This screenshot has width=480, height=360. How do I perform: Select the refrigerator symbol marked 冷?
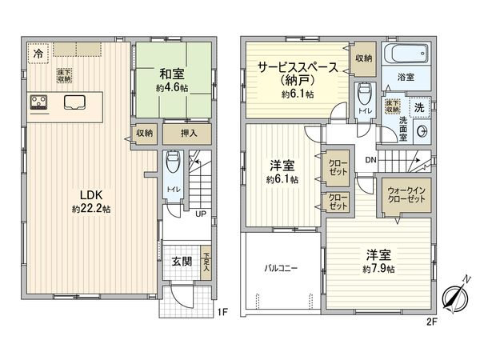[x=38, y=54]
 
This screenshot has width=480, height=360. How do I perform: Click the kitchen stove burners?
[x=39, y=102]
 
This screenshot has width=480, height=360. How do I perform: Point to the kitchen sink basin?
[x=74, y=102]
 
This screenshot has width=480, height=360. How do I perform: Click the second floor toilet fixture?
[x=364, y=95]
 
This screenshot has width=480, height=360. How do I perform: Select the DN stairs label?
[x=370, y=160]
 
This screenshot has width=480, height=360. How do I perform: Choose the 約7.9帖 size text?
[x=378, y=270]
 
